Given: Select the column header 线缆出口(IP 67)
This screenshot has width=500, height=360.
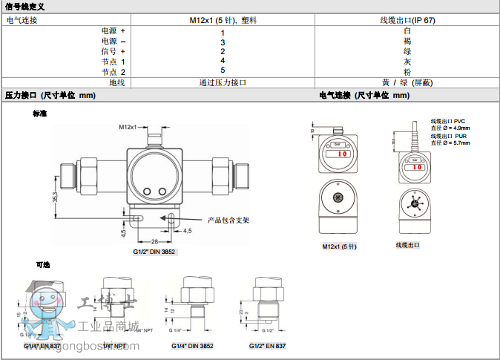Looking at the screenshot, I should (407, 20).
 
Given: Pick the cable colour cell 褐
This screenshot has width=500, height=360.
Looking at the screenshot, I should (407, 42).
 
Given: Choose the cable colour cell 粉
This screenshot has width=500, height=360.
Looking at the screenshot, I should (407, 72).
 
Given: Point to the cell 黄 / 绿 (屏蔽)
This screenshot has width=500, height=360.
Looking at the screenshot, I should (407, 83).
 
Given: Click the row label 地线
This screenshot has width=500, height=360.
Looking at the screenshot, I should (117, 83).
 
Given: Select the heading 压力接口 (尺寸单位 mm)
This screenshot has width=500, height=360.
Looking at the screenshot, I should (50, 96).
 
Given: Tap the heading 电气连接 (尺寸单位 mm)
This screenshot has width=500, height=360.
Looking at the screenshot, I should (364, 96).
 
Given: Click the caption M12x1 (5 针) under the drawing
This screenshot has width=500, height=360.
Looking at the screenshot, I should (340, 246).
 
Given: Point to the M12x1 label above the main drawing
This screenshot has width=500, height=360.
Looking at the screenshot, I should (128, 128).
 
